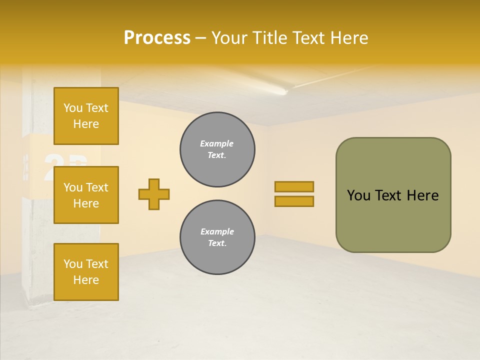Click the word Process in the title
coord(157,38)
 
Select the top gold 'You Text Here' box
coord(86,116)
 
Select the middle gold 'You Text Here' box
coord(86,195)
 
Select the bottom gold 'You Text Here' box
coord(86,271)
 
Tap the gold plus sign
coord(154,194)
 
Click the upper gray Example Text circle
coord(217,149)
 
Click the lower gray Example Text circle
coord(217,237)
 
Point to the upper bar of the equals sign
coord(294,186)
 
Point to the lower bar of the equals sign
coord(294,201)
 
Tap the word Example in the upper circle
coord(217,143)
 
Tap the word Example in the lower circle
coord(217,231)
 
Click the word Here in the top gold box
coord(86,124)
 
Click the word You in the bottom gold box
coord(73,264)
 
